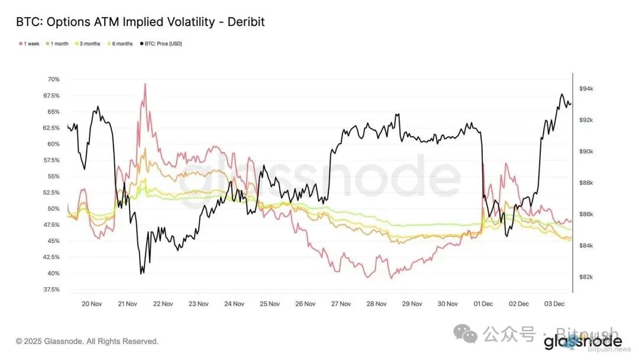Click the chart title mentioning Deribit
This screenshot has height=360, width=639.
click(x=140, y=22)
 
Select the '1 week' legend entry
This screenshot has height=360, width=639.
click(x=30, y=44)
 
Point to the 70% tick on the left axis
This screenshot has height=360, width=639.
click(x=53, y=79)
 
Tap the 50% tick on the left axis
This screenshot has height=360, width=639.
click(x=53, y=208)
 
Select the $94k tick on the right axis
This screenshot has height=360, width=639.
click(x=586, y=89)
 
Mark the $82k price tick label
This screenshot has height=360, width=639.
click(x=586, y=277)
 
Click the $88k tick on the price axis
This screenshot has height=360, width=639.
click(x=586, y=183)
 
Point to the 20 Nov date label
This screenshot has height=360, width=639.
click(x=92, y=304)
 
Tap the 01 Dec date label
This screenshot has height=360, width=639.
click(x=483, y=304)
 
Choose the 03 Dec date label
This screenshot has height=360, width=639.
click(x=554, y=304)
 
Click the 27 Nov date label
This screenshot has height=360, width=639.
click(x=341, y=304)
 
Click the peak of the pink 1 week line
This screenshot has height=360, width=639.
click(x=145, y=83)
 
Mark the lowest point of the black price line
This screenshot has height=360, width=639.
click(x=141, y=274)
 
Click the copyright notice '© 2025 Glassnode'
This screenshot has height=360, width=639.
click(x=87, y=342)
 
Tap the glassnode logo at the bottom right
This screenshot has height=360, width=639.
click(x=582, y=342)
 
